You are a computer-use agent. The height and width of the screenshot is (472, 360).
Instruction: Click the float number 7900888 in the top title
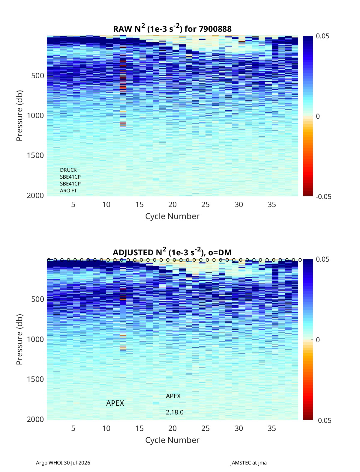pos(215,29)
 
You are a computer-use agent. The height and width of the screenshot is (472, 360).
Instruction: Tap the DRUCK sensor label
pos(68,170)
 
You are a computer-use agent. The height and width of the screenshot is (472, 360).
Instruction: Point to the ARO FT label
pos(68,191)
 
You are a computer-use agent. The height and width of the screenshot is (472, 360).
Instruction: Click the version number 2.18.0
pos(175,412)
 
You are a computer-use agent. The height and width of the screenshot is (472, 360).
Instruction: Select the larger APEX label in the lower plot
pos(115,403)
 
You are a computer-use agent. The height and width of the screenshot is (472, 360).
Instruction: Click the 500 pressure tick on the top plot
pos(38,76)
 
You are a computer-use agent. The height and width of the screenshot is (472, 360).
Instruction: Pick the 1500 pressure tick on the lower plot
pos(35,379)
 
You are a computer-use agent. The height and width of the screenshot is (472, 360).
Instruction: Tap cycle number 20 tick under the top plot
pos(172,204)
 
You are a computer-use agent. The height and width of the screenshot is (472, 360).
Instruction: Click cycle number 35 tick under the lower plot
pos(271,428)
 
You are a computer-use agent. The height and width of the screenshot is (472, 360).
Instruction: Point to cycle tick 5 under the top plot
pos(73,204)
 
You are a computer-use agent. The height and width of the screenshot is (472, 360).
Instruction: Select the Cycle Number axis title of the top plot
pos(172,216)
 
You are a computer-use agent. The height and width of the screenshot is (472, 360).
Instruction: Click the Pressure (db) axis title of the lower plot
pos(19,339)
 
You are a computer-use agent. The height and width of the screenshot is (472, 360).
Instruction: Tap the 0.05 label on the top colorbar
pos(322,36)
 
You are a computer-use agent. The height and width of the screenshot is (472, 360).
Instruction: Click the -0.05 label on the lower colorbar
pos(323,420)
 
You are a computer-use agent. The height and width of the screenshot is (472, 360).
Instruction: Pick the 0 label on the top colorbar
pos(318,116)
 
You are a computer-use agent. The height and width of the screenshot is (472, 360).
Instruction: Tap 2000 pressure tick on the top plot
pos(35,195)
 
